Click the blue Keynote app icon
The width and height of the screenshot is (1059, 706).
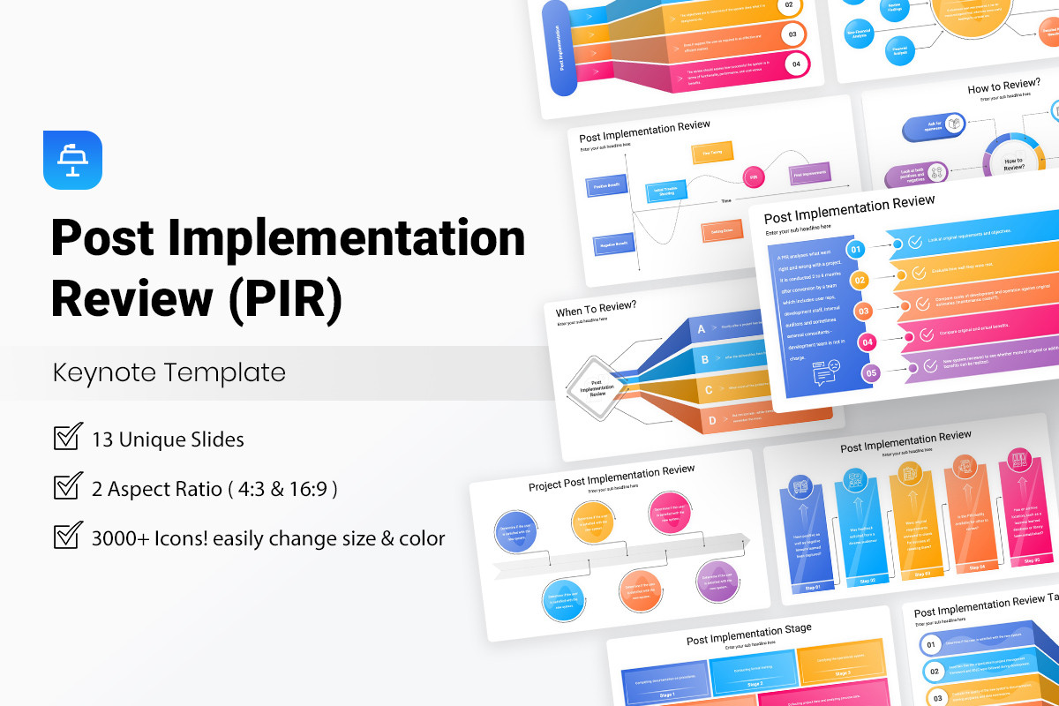[72, 160]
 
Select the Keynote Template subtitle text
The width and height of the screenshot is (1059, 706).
[169, 372]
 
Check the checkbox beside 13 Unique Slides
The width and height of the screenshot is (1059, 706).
[68, 438]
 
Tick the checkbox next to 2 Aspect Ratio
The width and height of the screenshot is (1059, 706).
[68, 487]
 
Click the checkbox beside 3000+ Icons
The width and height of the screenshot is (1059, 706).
[68, 537]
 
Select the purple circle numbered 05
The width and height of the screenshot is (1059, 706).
[870, 373]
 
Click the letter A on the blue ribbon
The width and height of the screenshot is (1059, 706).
[701, 330]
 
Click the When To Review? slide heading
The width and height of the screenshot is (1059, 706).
[596, 312]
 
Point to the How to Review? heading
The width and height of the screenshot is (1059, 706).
[1003, 88]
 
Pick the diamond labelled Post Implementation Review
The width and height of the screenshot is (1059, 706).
[597, 386]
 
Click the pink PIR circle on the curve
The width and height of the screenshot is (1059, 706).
[754, 176]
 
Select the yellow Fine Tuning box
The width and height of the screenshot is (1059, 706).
[711, 152]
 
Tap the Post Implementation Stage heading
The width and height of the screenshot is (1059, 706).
[748, 634]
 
